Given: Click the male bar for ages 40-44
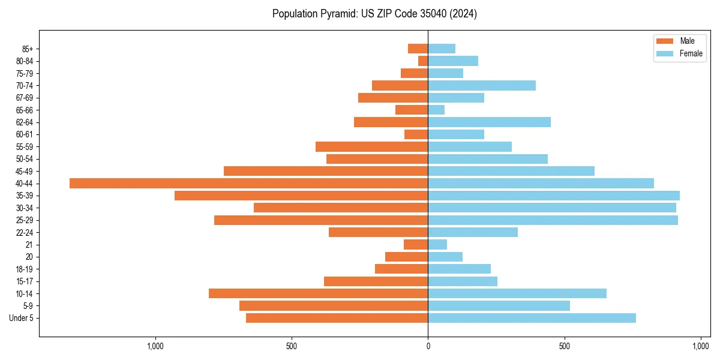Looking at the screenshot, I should (248, 183).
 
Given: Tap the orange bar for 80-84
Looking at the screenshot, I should (423, 61).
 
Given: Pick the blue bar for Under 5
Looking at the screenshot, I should (532, 318).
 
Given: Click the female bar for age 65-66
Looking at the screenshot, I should (436, 110).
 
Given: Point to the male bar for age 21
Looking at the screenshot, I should (416, 244).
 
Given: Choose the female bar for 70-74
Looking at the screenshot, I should (482, 85).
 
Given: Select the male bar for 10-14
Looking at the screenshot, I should (318, 293).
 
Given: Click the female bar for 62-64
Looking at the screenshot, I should (489, 122).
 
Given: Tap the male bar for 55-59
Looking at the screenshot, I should (371, 146).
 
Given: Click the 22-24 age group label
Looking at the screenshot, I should (25, 232).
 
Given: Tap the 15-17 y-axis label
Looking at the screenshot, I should (25, 281).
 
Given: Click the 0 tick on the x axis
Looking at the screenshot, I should (428, 346).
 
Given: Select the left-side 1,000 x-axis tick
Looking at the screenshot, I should (155, 346).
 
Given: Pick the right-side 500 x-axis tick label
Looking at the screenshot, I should (564, 346).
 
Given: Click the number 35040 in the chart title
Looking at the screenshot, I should (429, 14).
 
